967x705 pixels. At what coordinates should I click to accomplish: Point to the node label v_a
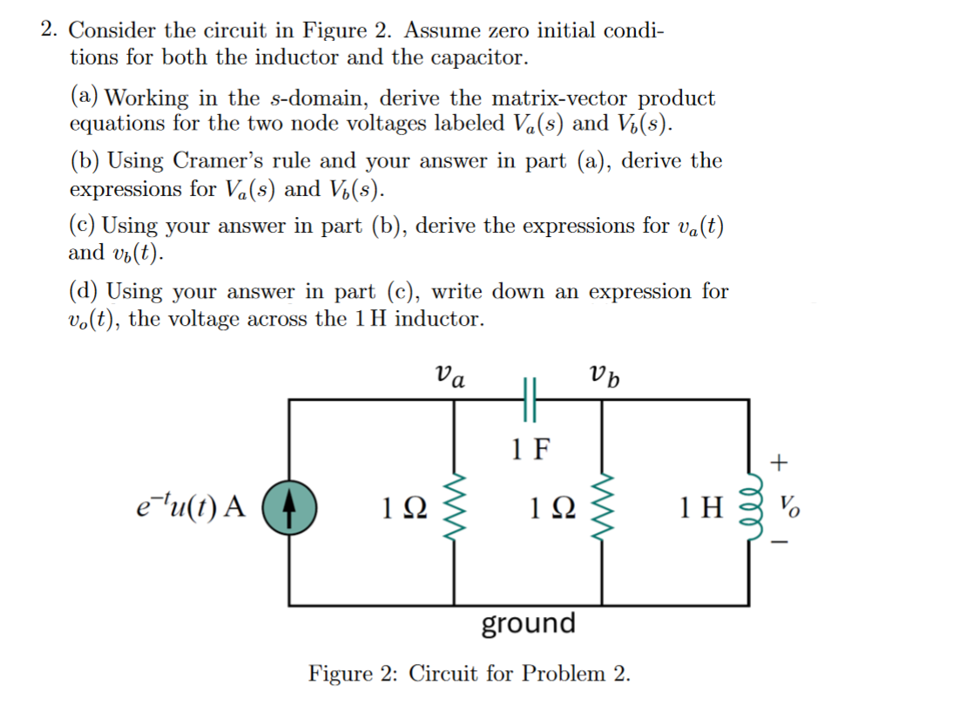click(450, 376)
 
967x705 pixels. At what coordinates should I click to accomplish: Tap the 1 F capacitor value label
click(530, 450)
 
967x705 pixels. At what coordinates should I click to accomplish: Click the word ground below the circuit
click(528, 624)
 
